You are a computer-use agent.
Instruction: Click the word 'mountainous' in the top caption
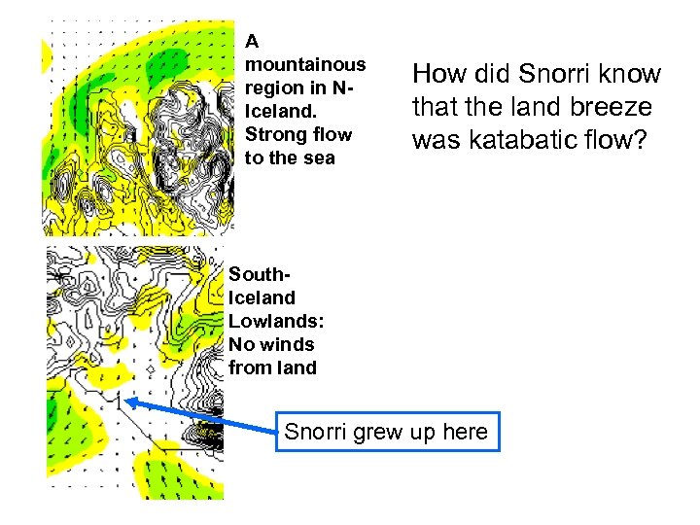click(x=305, y=65)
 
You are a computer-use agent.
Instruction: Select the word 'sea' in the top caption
click(x=319, y=157)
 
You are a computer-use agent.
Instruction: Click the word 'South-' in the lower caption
click(x=257, y=274)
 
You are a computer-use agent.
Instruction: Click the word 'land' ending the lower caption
click(x=298, y=367)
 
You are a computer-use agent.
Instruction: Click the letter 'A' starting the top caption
click(x=252, y=42)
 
